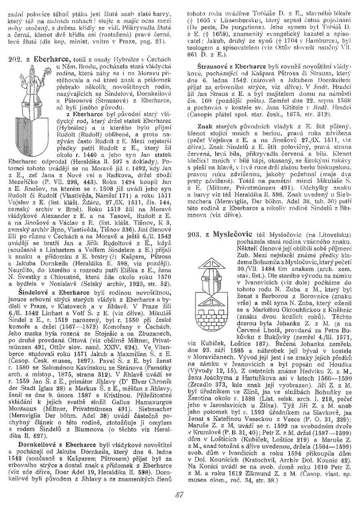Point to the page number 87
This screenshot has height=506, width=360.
click(179, 495)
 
